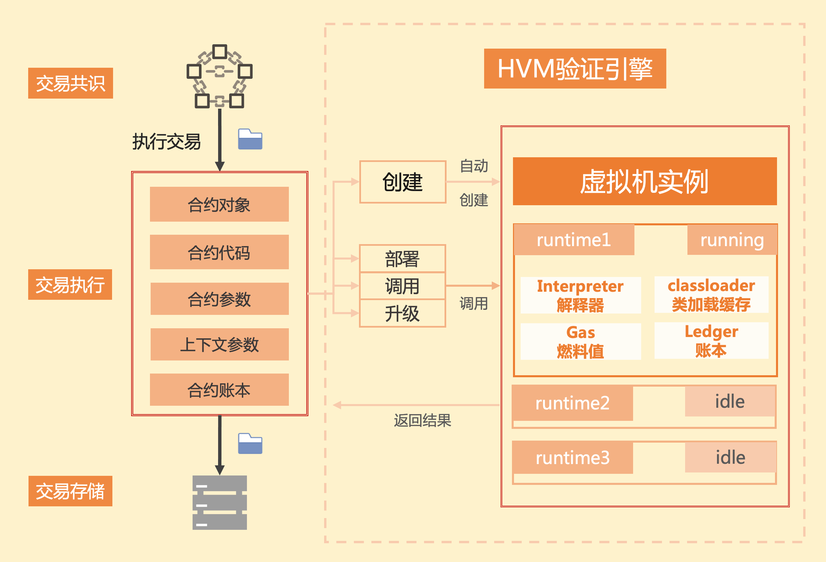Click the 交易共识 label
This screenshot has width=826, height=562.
(x=70, y=83)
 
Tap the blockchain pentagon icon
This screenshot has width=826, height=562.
(x=220, y=76)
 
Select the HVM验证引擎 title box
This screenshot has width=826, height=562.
(x=575, y=68)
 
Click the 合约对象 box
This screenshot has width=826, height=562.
(x=219, y=204)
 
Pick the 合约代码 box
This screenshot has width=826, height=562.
(x=219, y=252)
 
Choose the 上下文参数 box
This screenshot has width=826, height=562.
(x=219, y=344)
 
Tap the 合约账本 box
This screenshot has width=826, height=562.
(x=219, y=390)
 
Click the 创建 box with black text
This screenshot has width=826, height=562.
(x=402, y=182)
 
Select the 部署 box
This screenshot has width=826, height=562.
(x=402, y=259)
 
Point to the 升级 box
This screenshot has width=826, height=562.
(x=402, y=313)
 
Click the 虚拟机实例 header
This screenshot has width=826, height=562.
(x=644, y=181)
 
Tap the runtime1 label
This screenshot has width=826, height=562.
(x=574, y=240)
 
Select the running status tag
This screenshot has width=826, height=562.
(x=732, y=240)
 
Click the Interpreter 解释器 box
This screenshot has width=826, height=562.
(x=580, y=295)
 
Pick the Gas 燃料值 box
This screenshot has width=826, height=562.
(x=580, y=341)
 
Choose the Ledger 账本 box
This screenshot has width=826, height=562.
(x=711, y=341)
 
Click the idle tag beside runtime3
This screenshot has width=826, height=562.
(x=730, y=457)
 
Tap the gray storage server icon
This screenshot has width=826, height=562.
(x=220, y=502)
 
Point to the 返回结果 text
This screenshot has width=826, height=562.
(x=422, y=420)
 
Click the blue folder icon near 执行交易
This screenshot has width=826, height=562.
(x=250, y=139)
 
